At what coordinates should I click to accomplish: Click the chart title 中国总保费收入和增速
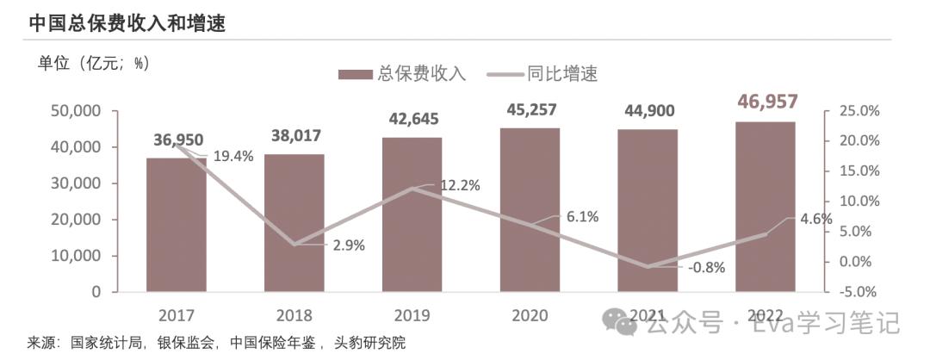pyautogui.click(x=127, y=23)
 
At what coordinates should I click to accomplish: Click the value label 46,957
pyautogui.click(x=766, y=102)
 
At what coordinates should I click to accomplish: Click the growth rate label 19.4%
pyautogui.click(x=232, y=156)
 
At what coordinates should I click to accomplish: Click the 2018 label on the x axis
pyautogui.click(x=294, y=315)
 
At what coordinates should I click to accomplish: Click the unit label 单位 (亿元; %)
pyautogui.click(x=94, y=63)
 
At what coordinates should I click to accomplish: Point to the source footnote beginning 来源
pyautogui.click(x=215, y=342)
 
